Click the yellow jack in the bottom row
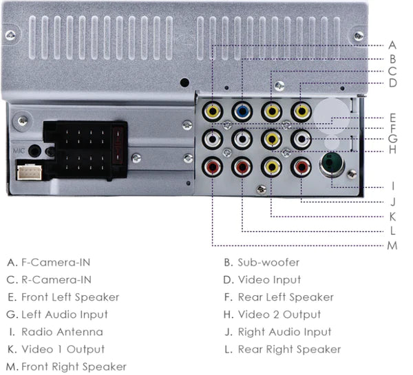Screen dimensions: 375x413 [x=272, y=166]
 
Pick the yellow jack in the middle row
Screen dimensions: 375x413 [x=272, y=138]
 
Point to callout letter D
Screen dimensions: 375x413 [x=392, y=83]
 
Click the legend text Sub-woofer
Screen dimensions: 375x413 [x=268, y=262]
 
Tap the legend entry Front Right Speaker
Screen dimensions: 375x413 [x=74, y=367]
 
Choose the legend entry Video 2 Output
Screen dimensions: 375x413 [x=279, y=314]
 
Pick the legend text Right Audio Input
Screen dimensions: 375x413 [x=284, y=332]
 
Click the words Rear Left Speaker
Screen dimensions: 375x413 [x=286, y=297]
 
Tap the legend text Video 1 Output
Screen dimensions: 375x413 [x=63, y=350]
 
